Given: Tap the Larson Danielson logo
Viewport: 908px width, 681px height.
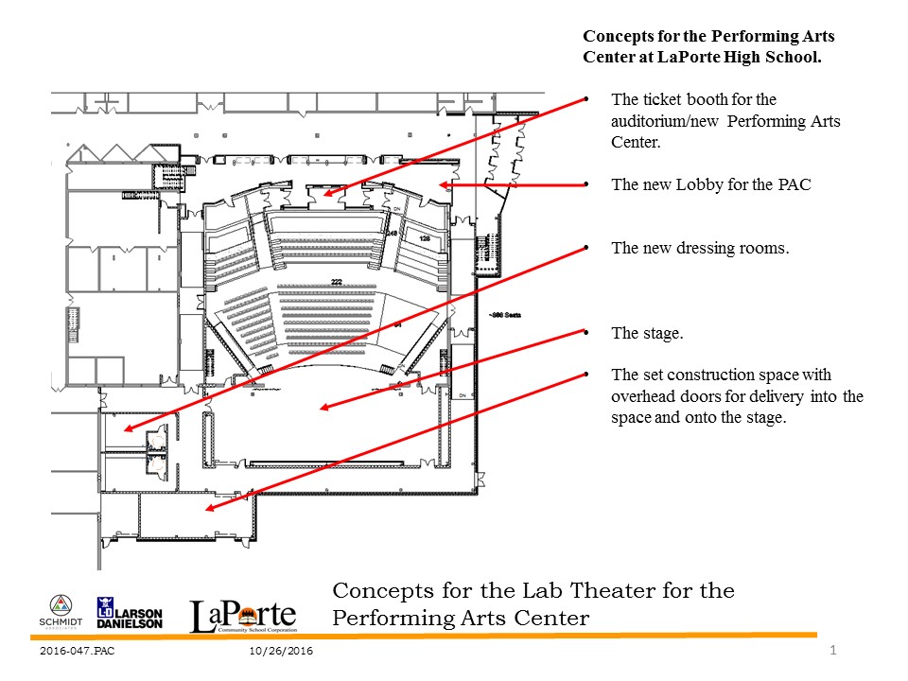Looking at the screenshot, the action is coord(130,614).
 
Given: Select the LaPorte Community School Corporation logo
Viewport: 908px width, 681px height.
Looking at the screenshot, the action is coord(243,616).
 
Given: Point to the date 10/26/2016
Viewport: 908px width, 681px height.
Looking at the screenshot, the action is coord(282,652).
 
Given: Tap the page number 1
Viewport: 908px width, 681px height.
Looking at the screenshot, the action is coord(832,650).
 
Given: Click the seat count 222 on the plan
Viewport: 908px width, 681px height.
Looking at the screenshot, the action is coord(336,282).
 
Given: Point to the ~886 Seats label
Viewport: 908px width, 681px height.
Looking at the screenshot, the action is coord(504,315).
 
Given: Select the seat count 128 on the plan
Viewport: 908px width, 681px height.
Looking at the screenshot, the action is coord(425,238).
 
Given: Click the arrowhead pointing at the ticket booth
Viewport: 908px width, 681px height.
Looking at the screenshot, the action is coord(327,194).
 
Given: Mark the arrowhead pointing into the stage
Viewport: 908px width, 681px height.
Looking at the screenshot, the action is coord(323,409).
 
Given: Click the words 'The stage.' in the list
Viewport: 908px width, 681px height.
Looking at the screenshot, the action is coord(647,333).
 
